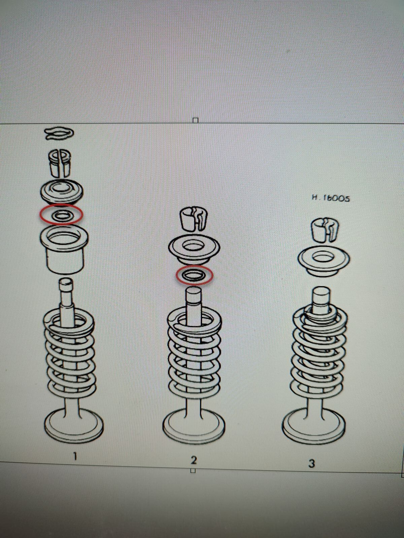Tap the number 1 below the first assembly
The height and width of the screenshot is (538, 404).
coord(75,456)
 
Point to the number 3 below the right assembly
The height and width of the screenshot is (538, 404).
coord(311,463)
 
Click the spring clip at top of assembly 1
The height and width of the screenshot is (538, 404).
coord(59,134)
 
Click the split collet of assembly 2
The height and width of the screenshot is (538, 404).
coord(194,219)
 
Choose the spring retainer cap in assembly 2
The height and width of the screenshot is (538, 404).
coord(194,250)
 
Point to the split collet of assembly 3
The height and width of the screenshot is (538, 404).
coord(325,230)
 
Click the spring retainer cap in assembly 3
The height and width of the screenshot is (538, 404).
coord(324,262)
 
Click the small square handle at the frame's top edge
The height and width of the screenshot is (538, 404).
coord(196,120)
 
